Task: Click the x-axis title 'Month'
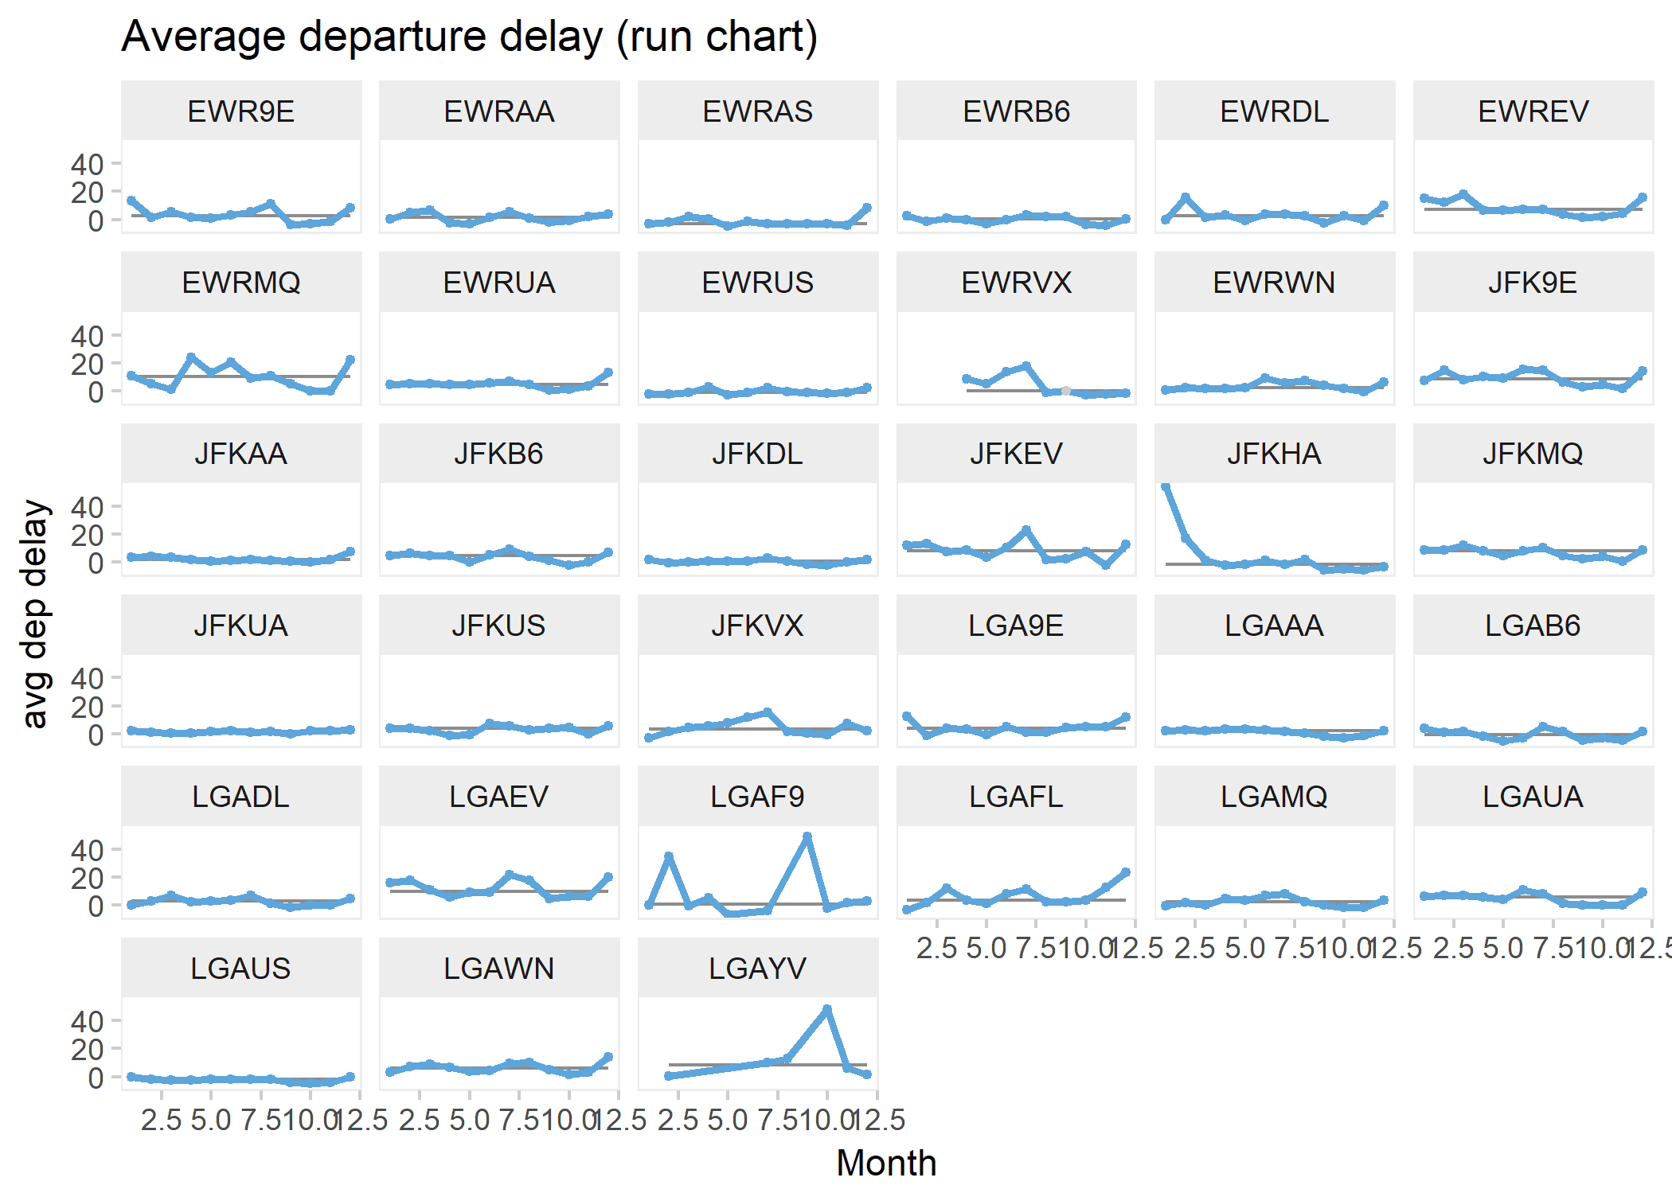pyautogui.click(x=885, y=1163)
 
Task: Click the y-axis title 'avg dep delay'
pyautogui.click(x=36, y=614)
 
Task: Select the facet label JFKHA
pyautogui.click(x=1274, y=454)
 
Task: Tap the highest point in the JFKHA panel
pyautogui.click(x=1166, y=487)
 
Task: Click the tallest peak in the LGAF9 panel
pyautogui.click(x=807, y=837)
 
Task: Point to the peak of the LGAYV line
pyautogui.click(x=827, y=1009)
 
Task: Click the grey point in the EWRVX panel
pyautogui.click(x=1065, y=391)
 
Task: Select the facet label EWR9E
pyautogui.click(x=240, y=111)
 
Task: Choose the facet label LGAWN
pyautogui.click(x=498, y=969)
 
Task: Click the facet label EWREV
pyautogui.click(x=1533, y=111)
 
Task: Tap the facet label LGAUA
pyautogui.click(x=1533, y=797)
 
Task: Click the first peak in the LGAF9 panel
pyautogui.click(x=669, y=856)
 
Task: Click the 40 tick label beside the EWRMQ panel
pyautogui.click(x=87, y=336)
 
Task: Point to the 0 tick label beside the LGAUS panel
pyautogui.click(x=95, y=1078)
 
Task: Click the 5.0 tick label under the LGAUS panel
pyautogui.click(x=211, y=1121)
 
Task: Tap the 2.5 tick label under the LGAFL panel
pyautogui.click(x=936, y=949)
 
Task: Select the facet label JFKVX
pyautogui.click(x=757, y=626)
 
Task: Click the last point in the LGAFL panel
pyautogui.click(x=1126, y=872)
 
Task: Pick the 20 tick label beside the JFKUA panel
pyautogui.click(x=87, y=707)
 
